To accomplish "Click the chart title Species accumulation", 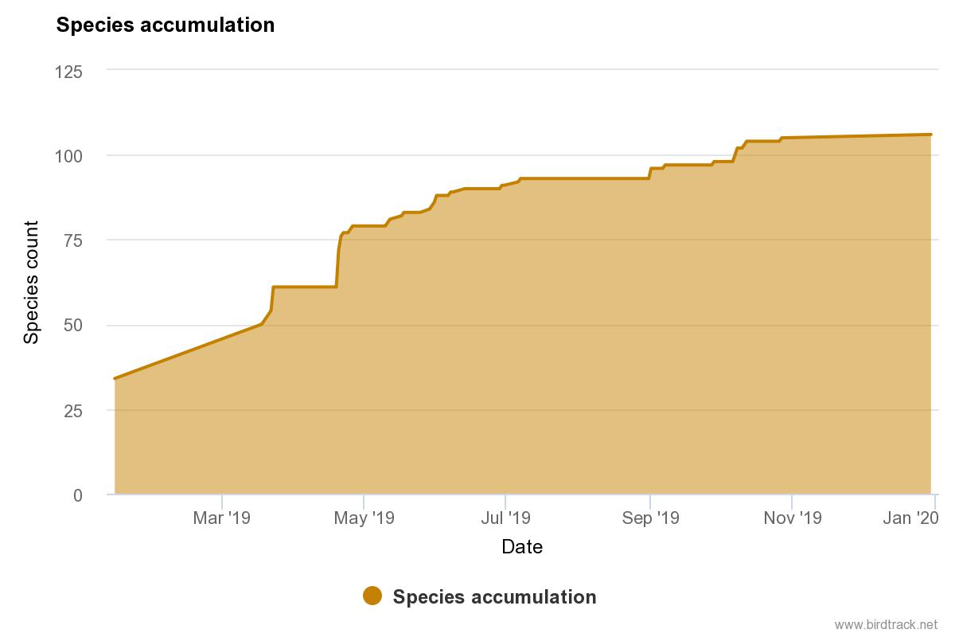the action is tap(166, 25).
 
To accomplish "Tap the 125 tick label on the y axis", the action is tap(68, 72).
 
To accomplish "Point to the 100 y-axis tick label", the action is tap(68, 156).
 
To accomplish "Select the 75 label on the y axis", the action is tap(73, 240).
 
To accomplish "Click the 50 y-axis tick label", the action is tap(73, 326).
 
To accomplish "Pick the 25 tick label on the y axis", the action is tap(73, 411).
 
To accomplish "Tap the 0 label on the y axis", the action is tap(78, 495).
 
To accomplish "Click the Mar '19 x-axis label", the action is tap(222, 518).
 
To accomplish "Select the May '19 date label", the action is tap(364, 518).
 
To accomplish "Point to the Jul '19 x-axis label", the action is tap(505, 518).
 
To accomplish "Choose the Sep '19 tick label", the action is tap(651, 518).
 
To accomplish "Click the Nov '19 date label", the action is tap(793, 518).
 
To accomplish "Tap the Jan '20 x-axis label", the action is tap(910, 518).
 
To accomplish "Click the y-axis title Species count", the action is tap(31, 283).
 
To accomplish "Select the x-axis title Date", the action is tap(522, 547).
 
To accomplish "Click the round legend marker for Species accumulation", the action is tap(372, 596).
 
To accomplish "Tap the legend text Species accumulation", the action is tap(494, 597).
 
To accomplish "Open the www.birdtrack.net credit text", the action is tap(886, 624).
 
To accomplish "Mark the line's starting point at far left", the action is tap(115, 378).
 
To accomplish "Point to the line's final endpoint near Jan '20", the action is tap(930, 135).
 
